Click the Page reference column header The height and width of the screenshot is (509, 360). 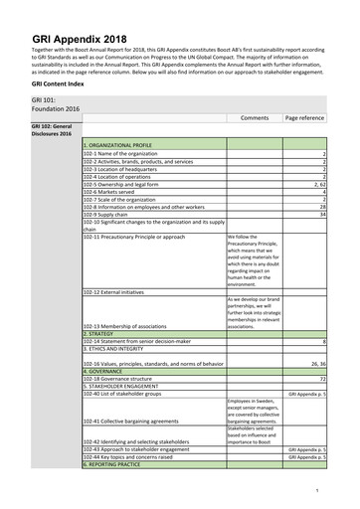pos(304,117)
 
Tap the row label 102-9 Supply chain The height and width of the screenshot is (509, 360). pos(111,213)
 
